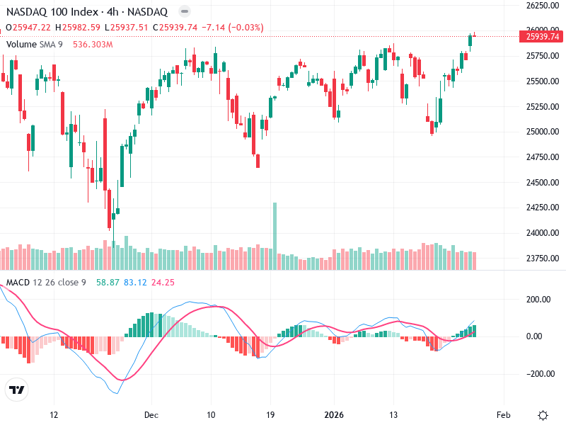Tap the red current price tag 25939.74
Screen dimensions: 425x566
543,37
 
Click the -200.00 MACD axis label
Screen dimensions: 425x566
541,374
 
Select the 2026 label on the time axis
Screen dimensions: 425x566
333,415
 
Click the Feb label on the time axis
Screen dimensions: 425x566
503,415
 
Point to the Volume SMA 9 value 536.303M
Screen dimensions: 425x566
93,44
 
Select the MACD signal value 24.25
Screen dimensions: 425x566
163,283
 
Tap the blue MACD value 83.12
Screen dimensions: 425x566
135,283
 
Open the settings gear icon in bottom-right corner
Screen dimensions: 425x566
543,415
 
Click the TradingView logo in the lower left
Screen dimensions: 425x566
16,390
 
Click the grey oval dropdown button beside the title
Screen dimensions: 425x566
184,12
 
